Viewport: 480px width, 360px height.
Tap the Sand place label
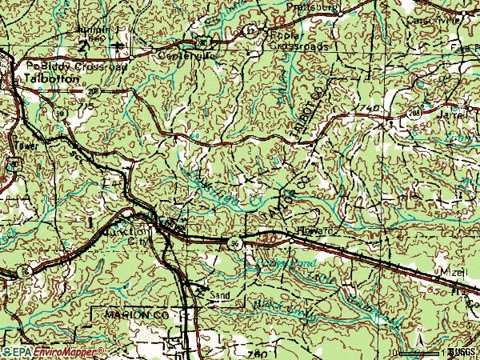pyautogui.click(x=220, y=295)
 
